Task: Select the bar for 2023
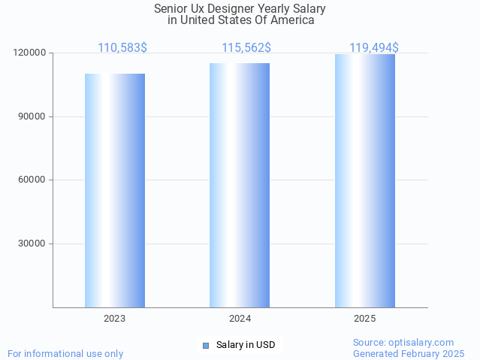point(115,190)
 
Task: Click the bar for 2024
point(240,185)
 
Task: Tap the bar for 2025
point(365,180)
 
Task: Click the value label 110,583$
point(122,48)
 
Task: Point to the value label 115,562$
point(246,48)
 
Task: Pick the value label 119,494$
point(374,48)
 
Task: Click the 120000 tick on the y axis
point(29,53)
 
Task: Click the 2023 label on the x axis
point(115,319)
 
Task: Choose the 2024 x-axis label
point(240,319)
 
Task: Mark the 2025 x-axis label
point(365,319)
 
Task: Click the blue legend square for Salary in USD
point(205,346)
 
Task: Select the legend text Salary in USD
point(246,346)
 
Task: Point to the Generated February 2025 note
point(409,353)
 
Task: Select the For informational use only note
point(65,353)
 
